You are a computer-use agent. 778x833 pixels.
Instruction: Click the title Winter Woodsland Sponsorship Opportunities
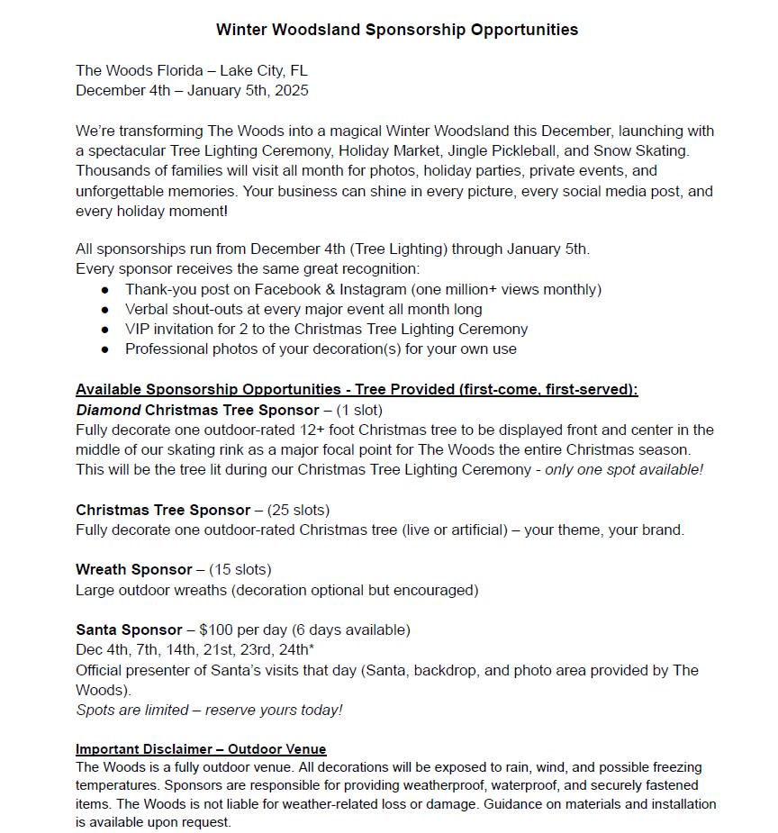(x=397, y=30)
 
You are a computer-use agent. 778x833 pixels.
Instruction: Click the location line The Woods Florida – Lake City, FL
(x=192, y=70)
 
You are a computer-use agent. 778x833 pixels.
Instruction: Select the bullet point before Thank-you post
(x=105, y=290)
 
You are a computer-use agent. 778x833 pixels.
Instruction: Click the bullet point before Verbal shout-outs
(x=105, y=310)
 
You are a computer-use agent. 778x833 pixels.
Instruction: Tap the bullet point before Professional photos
(x=105, y=349)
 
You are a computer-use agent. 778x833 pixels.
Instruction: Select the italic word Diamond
(x=108, y=410)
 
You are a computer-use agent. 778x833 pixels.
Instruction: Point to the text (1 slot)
(x=359, y=410)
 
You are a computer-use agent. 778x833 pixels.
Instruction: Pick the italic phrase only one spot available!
(x=624, y=469)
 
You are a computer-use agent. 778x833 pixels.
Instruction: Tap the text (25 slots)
(x=298, y=510)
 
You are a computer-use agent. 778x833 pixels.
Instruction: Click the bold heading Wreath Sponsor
(x=134, y=569)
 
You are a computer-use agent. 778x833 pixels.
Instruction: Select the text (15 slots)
(x=240, y=569)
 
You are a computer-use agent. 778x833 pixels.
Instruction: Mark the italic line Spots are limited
(x=209, y=710)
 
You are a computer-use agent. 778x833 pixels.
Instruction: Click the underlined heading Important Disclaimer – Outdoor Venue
(x=201, y=749)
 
